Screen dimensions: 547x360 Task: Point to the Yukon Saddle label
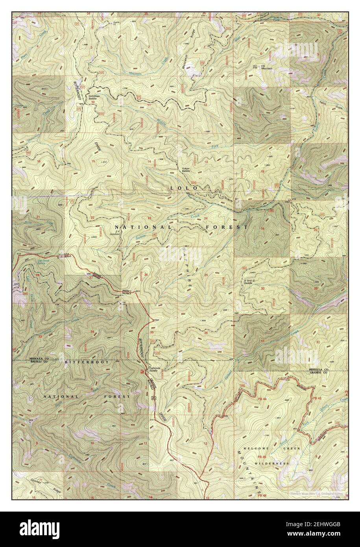186,170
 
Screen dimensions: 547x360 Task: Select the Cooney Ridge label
35,482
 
